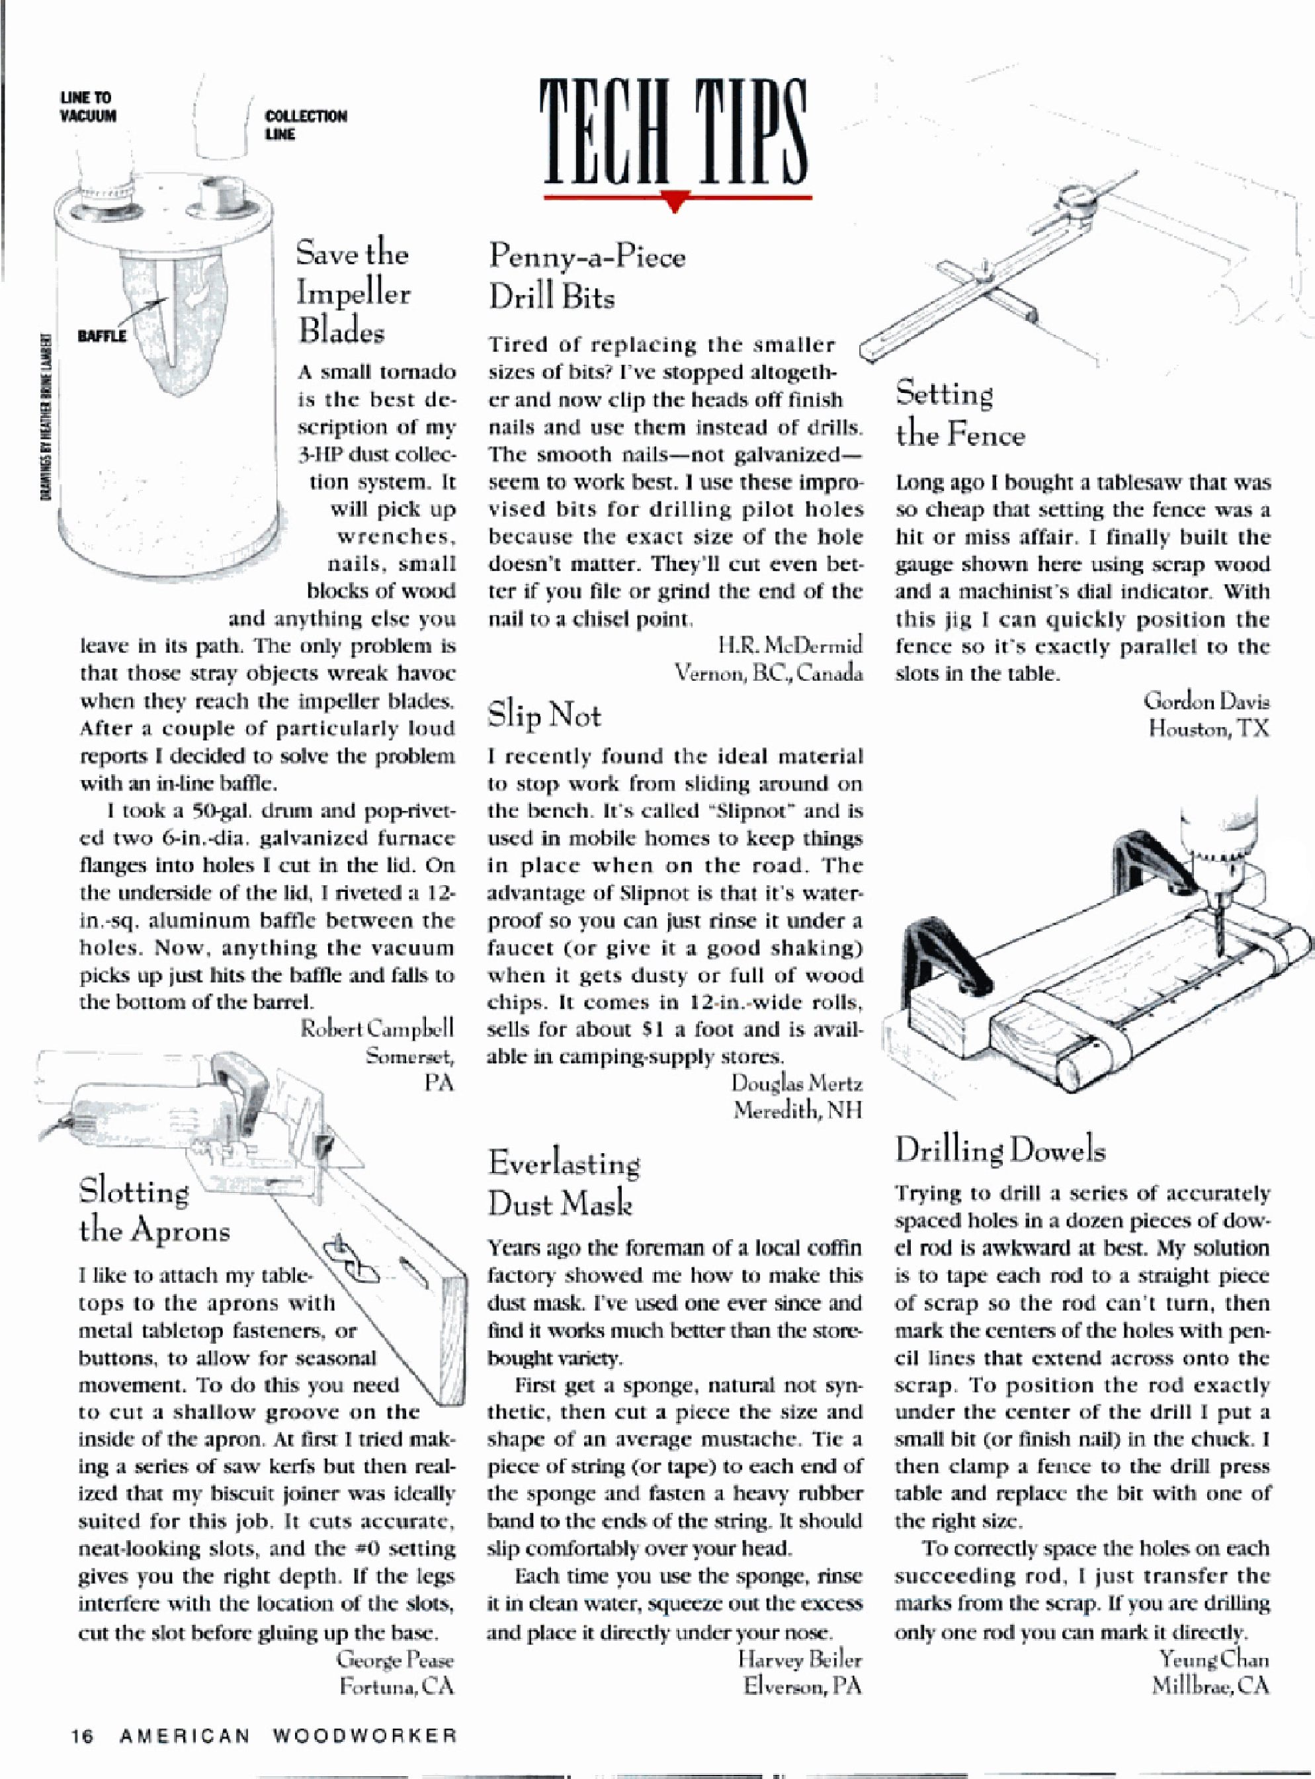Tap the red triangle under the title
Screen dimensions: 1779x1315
[x=675, y=204]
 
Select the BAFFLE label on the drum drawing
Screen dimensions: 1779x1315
[x=102, y=336]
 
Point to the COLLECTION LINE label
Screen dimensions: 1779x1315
[x=306, y=125]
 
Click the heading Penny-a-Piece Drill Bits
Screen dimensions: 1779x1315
[x=587, y=277]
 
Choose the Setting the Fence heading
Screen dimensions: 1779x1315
[x=960, y=415]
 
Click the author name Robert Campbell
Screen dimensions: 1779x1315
[x=376, y=1028]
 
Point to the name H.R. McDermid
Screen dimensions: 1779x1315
[x=790, y=645]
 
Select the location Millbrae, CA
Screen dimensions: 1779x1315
[x=1210, y=1686]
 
